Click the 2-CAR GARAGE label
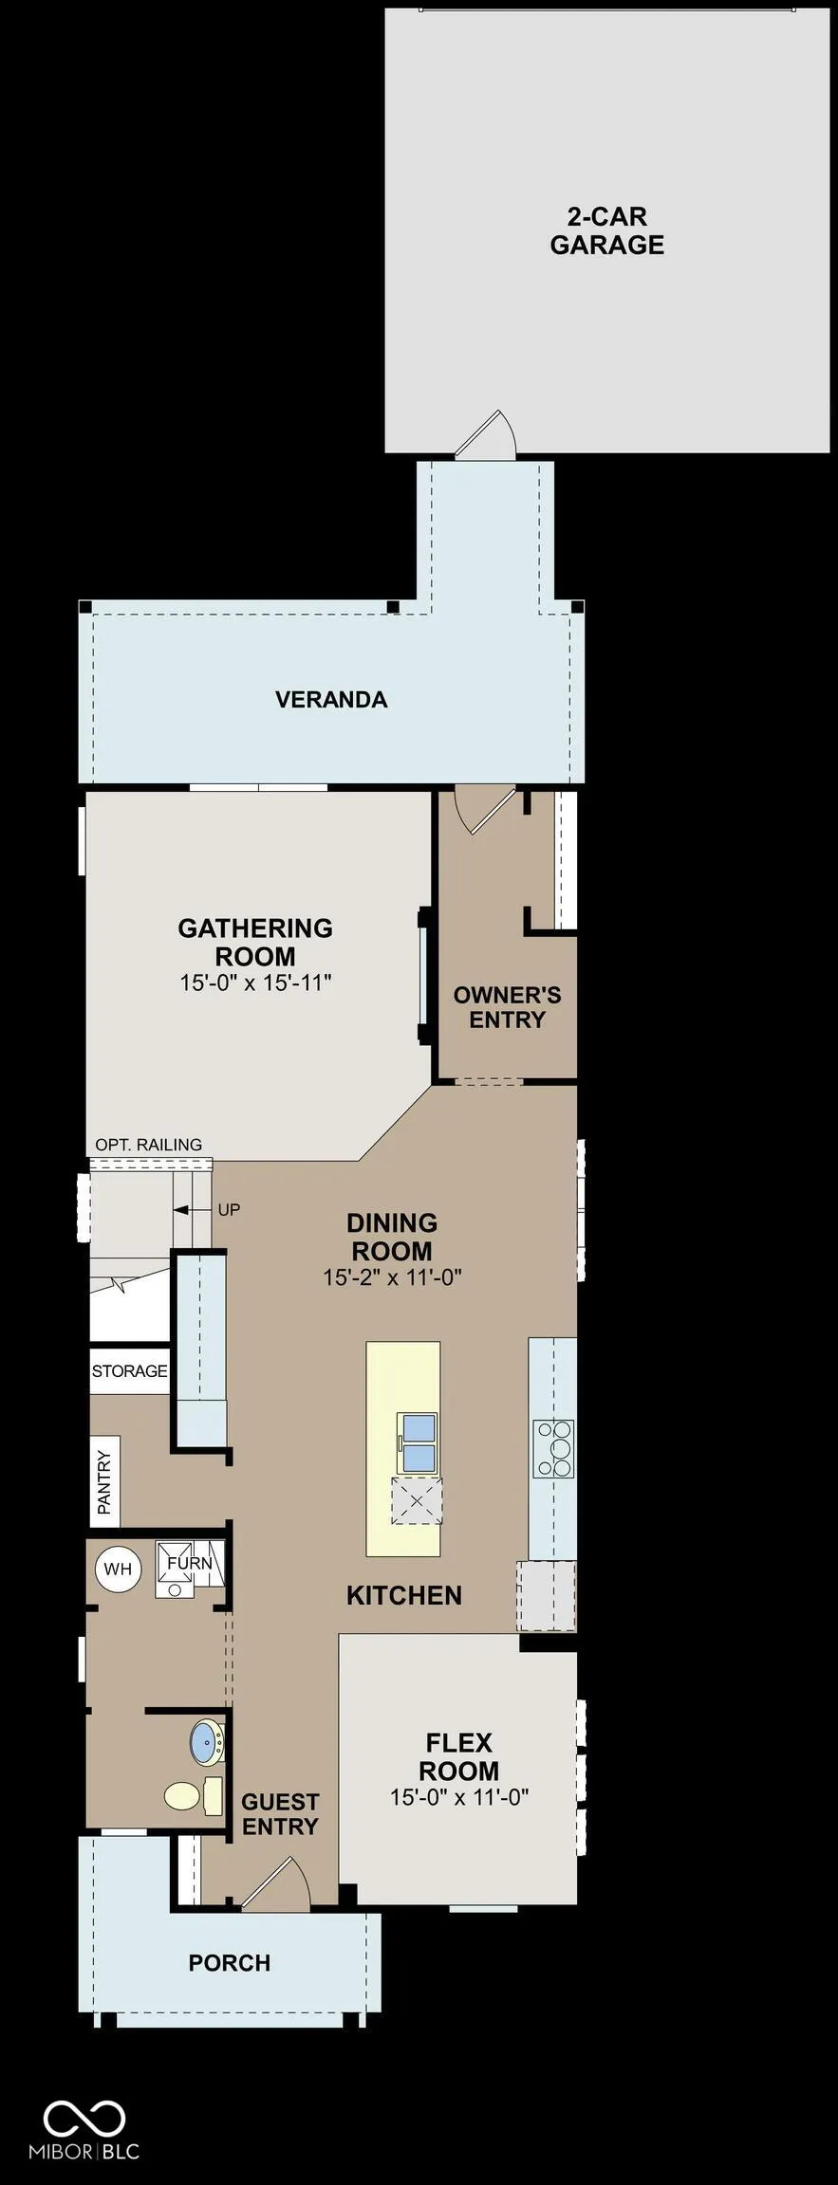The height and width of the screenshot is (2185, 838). click(x=606, y=230)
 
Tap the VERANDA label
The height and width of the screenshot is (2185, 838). click(x=331, y=700)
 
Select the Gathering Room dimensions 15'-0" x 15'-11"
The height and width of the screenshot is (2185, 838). click(x=255, y=982)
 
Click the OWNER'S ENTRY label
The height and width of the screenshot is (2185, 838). click(x=507, y=1007)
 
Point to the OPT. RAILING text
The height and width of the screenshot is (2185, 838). click(x=148, y=1145)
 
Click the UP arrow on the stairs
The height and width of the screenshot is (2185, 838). click(x=192, y=1210)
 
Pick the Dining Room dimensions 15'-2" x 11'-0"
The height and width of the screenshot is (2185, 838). click(x=392, y=1277)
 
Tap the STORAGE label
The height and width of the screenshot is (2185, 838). click(x=129, y=1371)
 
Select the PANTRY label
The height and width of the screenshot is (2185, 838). click(x=104, y=1482)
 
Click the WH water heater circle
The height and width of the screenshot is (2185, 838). click(x=118, y=1570)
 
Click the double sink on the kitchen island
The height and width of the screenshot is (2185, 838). click(x=418, y=1443)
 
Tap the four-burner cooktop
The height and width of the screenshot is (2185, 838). click(x=553, y=1448)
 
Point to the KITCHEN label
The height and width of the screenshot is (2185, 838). click(x=404, y=1595)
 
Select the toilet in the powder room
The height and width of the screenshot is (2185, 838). click(x=193, y=1795)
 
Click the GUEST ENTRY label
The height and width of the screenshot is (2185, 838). click(x=280, y=1814)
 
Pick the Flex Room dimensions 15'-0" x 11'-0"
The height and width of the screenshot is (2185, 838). click(x=459, y=1797)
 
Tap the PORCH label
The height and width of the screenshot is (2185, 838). click(x=230, y=1963)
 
